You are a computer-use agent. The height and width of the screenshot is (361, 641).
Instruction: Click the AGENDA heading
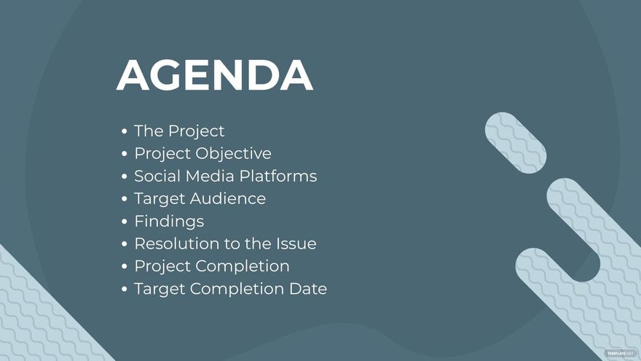click(214, 75)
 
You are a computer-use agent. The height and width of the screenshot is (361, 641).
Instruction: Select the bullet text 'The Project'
click(179, 131)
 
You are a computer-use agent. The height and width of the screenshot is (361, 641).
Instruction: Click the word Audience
click(229, 199)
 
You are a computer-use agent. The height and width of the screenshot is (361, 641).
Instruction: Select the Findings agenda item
click(169, 221)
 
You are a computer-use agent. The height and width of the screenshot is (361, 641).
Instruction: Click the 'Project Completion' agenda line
click(211, 266)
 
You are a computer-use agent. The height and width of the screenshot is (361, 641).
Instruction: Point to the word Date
click(309, 289)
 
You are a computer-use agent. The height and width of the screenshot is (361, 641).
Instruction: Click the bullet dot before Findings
click(125, 222)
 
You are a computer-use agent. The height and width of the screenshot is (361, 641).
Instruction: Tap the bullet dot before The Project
click(125, 132)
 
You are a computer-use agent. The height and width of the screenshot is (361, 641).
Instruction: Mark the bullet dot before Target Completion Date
click(125, 290)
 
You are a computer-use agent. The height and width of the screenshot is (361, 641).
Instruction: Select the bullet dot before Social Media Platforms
click(125, 177)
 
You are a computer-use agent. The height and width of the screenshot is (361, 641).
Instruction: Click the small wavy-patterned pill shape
click(516, 143)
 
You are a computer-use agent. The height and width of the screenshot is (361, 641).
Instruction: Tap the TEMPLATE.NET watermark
click(619, 353)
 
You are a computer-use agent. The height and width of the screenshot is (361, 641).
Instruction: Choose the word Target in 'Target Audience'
click(160, 199)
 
